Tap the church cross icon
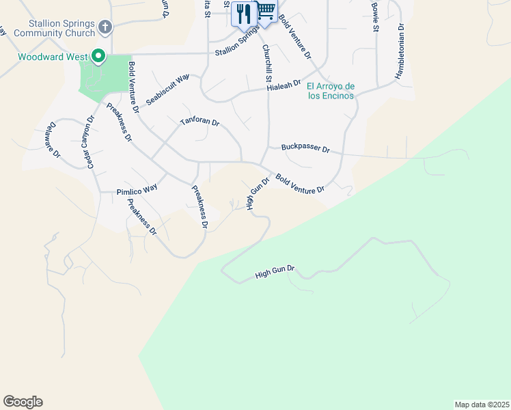pos(105,27)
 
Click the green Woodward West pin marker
pos(98,55)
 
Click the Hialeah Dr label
pos(284,85)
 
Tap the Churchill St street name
pos(266,66)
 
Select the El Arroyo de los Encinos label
pos(331,91)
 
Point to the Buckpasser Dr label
pos(305,148)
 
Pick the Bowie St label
pos(375,16)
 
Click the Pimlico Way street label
pos(137,191)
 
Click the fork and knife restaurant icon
pos(243,12)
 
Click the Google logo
pos(23,402)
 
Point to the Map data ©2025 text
pos(482,404)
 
